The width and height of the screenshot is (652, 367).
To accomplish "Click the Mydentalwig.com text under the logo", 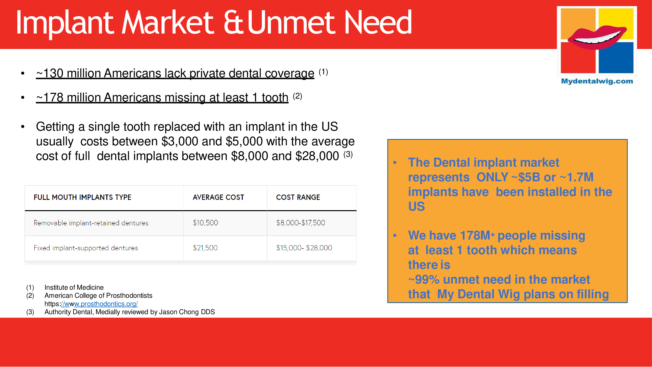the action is tap(597, 81).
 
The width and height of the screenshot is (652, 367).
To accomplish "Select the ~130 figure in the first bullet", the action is tap(50, 73).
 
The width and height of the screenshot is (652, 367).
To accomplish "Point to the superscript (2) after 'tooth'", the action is tap(298, 96).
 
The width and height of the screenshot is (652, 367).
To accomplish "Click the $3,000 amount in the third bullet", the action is tap(180, 141).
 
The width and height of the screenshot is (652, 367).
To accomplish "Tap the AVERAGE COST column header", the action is tap(218, 197).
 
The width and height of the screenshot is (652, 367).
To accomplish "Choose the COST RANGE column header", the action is tap(298, 197).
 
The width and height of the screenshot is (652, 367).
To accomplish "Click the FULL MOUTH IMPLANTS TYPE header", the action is tap(83, 197).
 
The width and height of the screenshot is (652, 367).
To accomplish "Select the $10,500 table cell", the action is tap(205, 223).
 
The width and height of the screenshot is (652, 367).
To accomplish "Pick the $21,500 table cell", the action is tap(205, 248).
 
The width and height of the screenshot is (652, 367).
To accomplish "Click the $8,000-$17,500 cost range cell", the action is tap(301, 223).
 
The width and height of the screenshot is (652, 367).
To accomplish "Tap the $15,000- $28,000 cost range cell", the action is tap(304, 248).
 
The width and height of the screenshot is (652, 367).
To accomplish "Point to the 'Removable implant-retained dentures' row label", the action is tap(91, 223).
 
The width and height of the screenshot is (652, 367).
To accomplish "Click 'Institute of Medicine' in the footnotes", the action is tap(74, 287).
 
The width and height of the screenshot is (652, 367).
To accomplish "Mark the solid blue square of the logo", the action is tap(616, 58).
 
